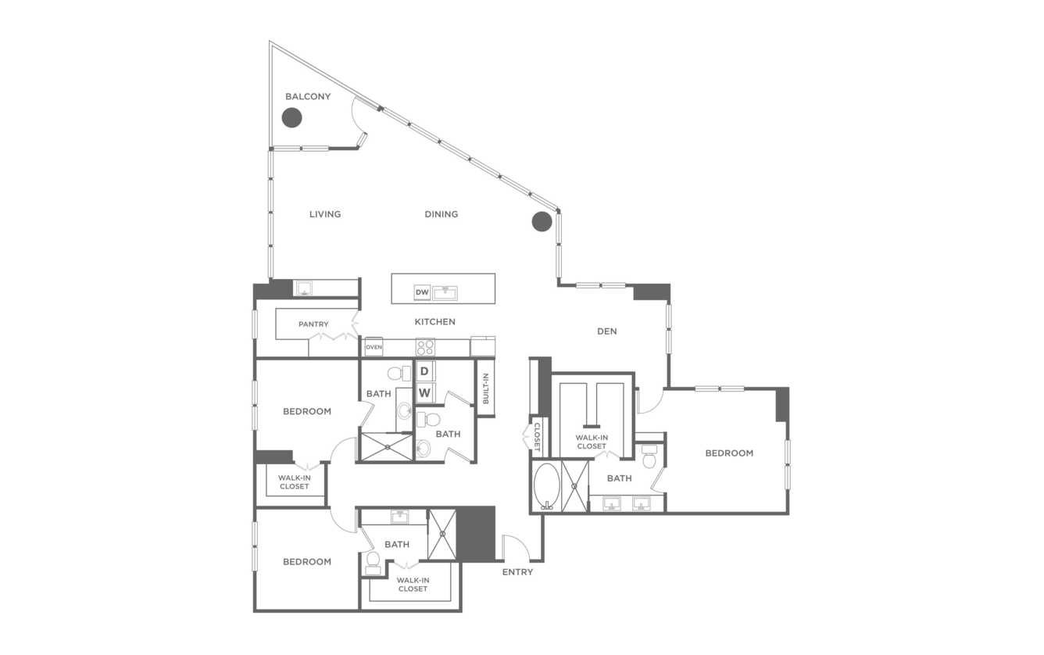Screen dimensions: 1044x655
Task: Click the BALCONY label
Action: pos(308,96)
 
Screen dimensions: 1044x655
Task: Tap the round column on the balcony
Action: pos(291,117)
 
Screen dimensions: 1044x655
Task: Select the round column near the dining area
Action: pos(542,221)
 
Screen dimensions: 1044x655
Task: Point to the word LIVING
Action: pos(325,214)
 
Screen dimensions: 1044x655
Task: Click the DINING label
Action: pos(441,214)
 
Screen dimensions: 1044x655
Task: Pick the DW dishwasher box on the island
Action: pos(422,292)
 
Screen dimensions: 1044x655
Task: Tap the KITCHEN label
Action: pos(434,322)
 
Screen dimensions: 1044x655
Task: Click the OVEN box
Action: pos(374,347)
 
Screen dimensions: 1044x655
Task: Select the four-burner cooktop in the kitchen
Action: pos(425,347)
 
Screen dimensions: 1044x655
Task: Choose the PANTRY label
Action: pos(313,324)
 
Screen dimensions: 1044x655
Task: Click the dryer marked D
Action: pos(424,371)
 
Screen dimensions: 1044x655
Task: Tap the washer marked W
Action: pos(424,392)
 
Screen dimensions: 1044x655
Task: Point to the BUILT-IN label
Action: pos(485,388)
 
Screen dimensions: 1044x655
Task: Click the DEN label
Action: pos(607,331)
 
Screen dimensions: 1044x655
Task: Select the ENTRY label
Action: pos(517,572)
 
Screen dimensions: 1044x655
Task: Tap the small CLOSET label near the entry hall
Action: pos(536,437)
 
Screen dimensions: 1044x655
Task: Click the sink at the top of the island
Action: pos(445,293)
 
